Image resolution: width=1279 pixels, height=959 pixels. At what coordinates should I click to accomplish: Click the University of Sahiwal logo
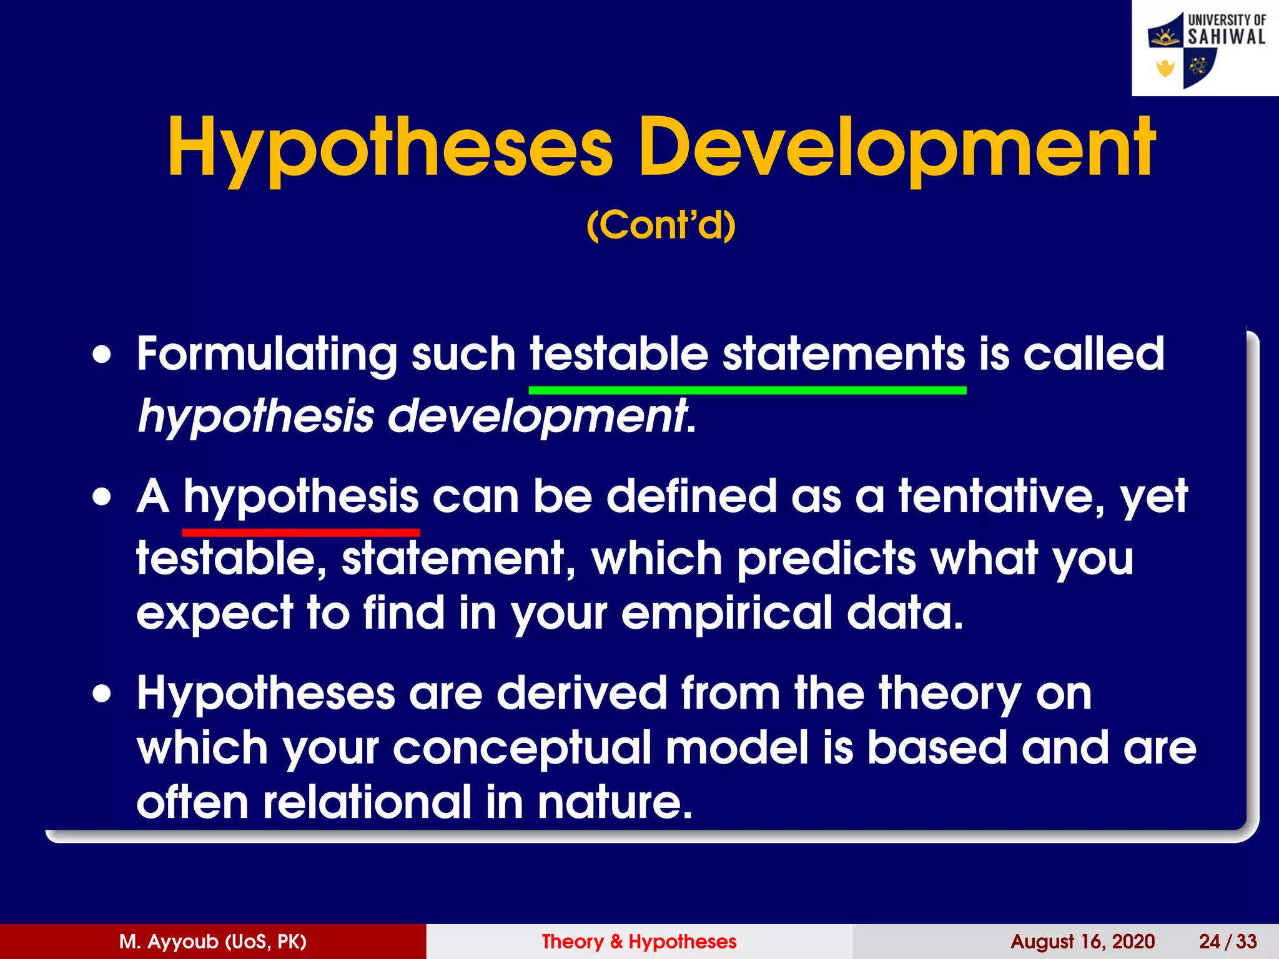(1205, 49)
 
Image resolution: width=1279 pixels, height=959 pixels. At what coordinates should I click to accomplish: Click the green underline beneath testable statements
(747, 390)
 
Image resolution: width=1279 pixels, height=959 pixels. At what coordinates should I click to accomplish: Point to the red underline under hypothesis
(300, 533)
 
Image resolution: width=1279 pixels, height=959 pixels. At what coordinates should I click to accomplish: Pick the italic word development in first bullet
(537, 417)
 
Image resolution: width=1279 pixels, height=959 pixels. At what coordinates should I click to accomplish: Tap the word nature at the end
(615, 803)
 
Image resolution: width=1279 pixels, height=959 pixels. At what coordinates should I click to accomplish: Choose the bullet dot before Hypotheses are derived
(102, 694)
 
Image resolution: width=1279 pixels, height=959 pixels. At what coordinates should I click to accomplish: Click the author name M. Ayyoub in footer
(212, 942)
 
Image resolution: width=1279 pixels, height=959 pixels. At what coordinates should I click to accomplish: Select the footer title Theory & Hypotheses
(639, 942)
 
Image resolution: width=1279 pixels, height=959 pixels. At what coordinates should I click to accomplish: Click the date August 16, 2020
(1082, 942)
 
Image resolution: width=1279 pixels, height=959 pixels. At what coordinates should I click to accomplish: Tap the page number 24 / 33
(1227, 942)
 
